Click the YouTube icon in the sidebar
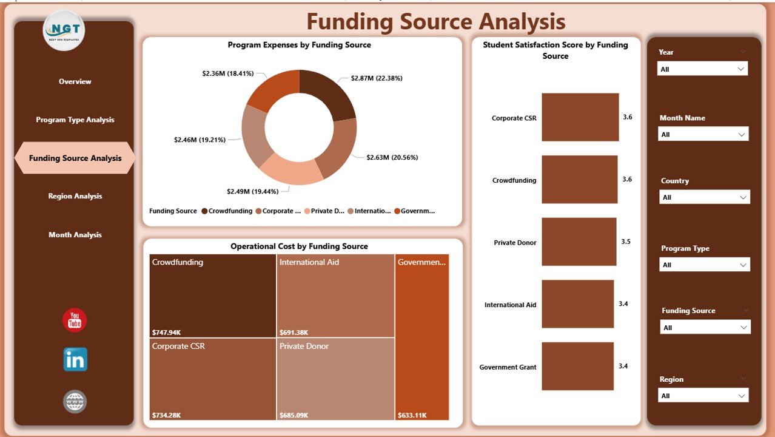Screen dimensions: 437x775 click(75, 320)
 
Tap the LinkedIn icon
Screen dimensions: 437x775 click(75, 360)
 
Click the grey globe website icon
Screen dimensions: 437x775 click(75, 401)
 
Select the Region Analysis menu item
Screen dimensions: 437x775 click(75, 196)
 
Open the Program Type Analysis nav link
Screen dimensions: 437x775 click(75, 120)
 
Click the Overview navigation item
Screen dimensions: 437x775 click(75, 81)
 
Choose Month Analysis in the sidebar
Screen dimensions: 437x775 click(75, 235)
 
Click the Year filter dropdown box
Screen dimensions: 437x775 click(702, 69)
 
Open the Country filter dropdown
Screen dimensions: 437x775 click(704, 197)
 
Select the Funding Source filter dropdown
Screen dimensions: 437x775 click(705, 328)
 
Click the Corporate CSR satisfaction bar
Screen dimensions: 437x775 click(580, 117)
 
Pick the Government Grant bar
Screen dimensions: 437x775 click(577, 367)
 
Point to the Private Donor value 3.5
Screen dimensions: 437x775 click(626, 242)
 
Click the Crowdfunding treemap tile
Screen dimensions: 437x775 click(212, 296)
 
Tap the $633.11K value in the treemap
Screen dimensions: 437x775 click(412, 416)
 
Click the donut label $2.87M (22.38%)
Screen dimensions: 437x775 click(377, 78)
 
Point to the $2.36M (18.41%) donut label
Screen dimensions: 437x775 click(227, 73)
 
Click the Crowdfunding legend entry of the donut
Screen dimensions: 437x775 click(227, 211)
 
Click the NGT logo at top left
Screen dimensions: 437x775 click(64, 30)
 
